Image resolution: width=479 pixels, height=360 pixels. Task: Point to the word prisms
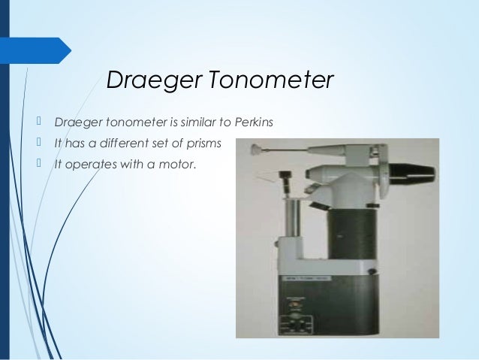tap(205, 141)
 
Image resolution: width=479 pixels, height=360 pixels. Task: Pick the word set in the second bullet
tap(165, 141)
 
